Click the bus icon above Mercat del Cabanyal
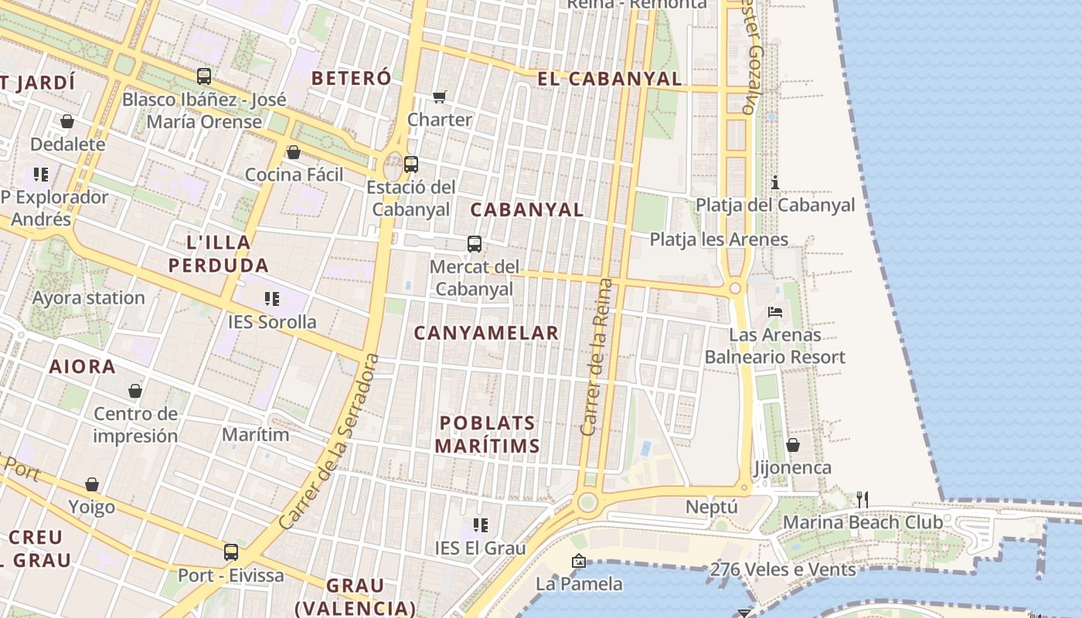click(x=475, y=244)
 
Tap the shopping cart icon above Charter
click(x=440, y=97)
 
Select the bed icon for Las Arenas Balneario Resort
click(x=775, y=312)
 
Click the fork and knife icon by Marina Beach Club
click(x=863, y=500)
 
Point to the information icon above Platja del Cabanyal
click(x=775, y=182)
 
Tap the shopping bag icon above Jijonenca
click(x=793, y=445)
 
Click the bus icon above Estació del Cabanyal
click(x=411, y=164)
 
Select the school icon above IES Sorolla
click(x=271, y=298)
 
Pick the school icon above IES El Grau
click(x=480, y=525)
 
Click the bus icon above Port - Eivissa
click(x=231, y=552)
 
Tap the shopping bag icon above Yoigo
click(x=92, y=484)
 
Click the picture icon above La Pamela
click(x=578, y=561)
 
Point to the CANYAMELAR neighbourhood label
click(x=486, y=333)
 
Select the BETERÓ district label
click(x=351, y=78)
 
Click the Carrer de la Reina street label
click(x=596, y=357)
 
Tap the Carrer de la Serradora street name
click(x=330, y=442)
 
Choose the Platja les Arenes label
click(x=719, y=239)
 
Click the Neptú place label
click(x=712, y=508)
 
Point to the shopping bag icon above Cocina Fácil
click(x=294, y=152)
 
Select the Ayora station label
click(x=88, y=297)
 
